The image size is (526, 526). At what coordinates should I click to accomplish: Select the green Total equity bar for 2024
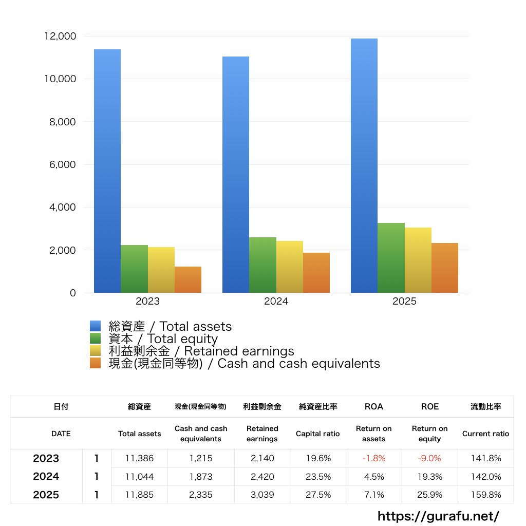[x=262, y=265]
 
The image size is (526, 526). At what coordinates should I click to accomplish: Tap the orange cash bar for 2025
[x=444, y=268]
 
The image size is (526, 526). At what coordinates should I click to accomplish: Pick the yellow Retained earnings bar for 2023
[x=161, y=270]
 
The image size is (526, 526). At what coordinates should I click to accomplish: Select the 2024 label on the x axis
[x=276, y=302]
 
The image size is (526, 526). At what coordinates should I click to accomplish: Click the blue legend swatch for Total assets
[x=96, y=326]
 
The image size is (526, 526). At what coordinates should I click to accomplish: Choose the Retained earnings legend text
[x=201, y=351]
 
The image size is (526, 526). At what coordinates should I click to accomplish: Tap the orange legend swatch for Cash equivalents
[x=96, y=363]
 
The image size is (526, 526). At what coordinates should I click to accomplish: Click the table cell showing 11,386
[x=140, y=458]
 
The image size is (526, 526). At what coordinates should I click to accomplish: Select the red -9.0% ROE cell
[x=430, y=458]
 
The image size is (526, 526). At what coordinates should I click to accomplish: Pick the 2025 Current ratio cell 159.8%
[x=486, y=495]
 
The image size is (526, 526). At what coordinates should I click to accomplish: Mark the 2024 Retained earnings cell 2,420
[x=262, y=477]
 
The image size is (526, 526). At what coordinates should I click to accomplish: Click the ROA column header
[x=373, y=406]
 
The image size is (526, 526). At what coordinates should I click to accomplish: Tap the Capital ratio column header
[x=317, y=434]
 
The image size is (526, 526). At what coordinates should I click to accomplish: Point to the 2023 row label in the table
[x=46, y=458]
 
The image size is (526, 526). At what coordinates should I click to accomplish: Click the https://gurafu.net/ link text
[x=438, y=516]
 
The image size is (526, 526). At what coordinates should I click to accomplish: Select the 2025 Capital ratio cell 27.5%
[x=318, y=495]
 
